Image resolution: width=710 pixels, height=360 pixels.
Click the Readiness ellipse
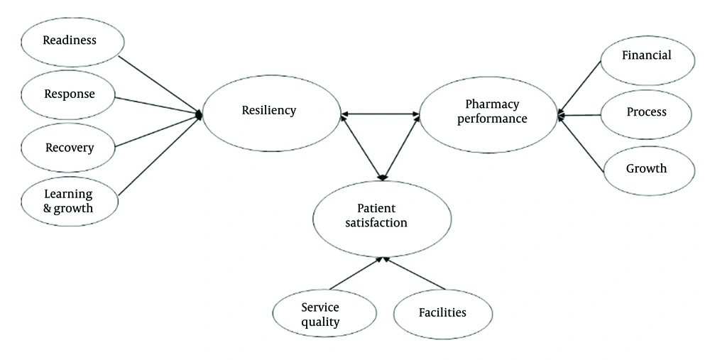coord(69,40)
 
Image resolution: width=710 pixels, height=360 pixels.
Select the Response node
coord(69,94)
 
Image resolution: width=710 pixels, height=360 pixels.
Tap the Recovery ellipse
coord(69,148)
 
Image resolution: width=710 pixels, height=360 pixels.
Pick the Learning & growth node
coord(69,202)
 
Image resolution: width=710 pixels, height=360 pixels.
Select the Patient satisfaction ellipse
coord(382,215)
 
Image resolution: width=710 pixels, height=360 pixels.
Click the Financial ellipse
coord(646,56)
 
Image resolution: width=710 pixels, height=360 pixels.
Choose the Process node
coord(646,112)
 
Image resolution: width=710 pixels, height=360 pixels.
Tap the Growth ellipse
coord(646,169)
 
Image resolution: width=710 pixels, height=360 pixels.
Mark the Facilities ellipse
coord(442,312)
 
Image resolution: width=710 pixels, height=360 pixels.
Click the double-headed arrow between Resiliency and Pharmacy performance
coord(380,114)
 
